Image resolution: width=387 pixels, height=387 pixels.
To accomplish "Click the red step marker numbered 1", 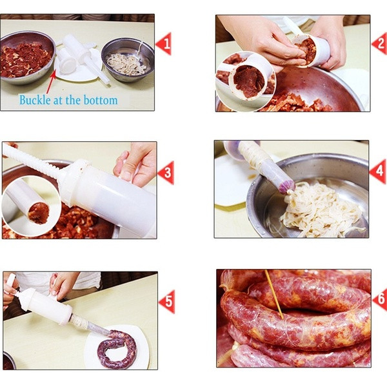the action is pyautogui.click(x=164, y=44).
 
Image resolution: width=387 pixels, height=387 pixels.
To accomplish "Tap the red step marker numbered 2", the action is pyautogui.click(x=380, y=44).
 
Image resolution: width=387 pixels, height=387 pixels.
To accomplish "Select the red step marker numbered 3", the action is pyautogui.click(x=166, y=172).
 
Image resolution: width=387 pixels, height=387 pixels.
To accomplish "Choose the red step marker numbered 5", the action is pyautogui.click(x=167, y=302).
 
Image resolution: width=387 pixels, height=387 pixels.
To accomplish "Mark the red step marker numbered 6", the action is pyautogui.click(x=381, y=300).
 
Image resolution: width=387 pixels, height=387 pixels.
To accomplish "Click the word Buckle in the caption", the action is pyautogui.click(x=35, y=100).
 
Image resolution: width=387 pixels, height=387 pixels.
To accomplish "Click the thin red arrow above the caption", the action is pyautogui.click(x=51, y=81).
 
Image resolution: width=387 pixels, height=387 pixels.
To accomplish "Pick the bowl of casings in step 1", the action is pyautogui.click(x=128, y=60).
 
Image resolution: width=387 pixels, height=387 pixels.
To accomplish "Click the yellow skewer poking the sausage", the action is pyautogui.click(x=274, y=294).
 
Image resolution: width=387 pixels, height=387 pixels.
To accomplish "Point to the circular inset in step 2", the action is pyautogui.click(x=246, y=81).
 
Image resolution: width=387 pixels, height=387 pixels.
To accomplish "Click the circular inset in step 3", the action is pyautogui.click(x=32, y=207).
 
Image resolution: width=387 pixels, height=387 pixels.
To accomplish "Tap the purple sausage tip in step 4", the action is pyautogui.click(x=286, y=186).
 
